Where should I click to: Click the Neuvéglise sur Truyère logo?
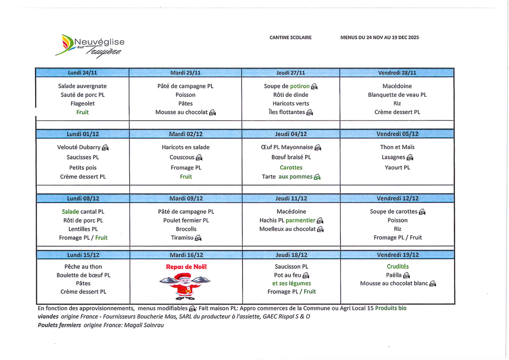[x=90, y=46]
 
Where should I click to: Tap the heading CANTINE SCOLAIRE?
[x=290, y=38]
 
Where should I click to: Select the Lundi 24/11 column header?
[x=82, y=73]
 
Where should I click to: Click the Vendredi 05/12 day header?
[x=397, y=134]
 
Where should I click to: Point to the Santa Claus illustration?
[x=185, y=285]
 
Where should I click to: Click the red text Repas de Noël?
[x=186, y=267]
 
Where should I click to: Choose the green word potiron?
[x=300, y=86]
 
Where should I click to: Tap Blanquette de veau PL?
[x=397, y=95]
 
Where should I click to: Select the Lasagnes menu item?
[x=393, y=157]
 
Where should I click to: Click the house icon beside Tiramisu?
[x=198, y=238]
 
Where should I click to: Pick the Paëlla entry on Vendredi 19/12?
[x=394, y=275]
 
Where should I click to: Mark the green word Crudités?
[x=398, y=267]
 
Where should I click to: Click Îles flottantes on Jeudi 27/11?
[x=286, y=112]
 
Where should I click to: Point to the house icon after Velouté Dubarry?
[x=105, y=148]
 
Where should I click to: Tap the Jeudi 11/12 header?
[x=291, y=198]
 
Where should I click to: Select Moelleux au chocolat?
[x=287, y=229]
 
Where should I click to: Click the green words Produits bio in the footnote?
[x=391, y=308]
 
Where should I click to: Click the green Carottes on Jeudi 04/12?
[x=291, y=168]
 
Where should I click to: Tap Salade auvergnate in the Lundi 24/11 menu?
[x=82, y=86]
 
